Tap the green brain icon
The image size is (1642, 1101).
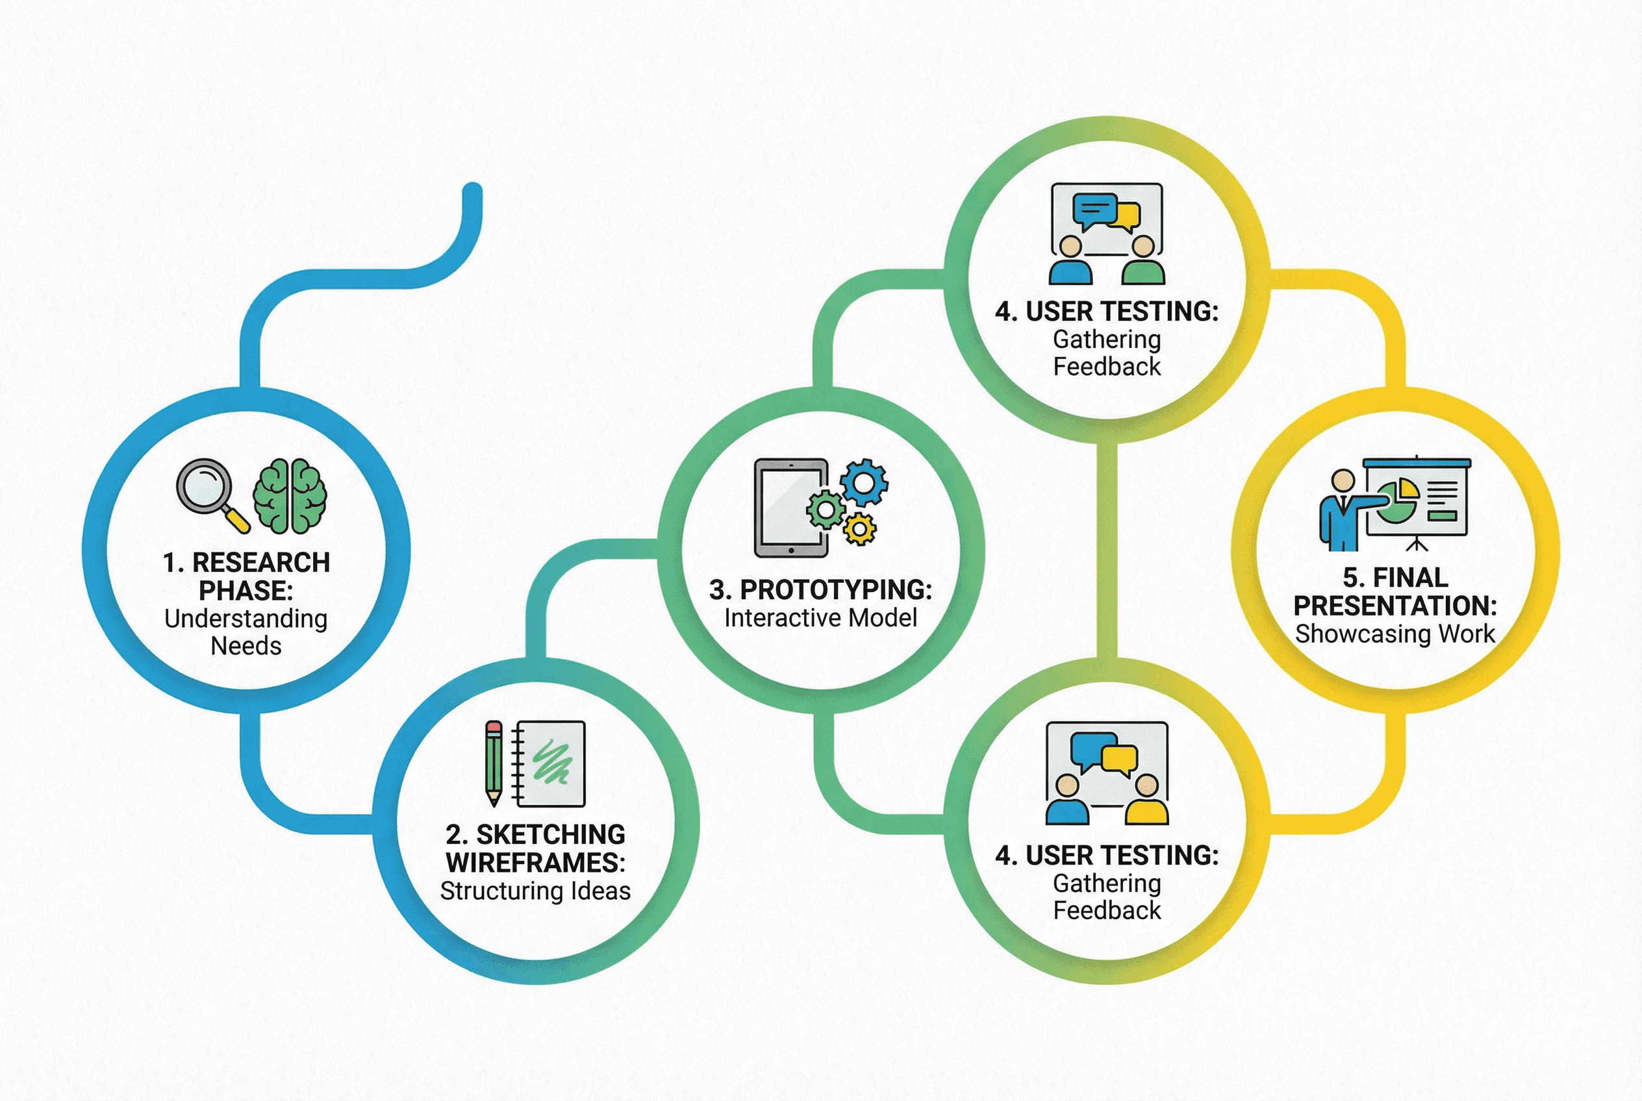[290, 496]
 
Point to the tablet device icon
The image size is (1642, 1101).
[790, 508]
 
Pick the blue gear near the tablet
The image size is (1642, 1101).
[863, 482]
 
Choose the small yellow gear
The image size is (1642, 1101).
[859, 528]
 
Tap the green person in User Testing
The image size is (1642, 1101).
[1143, 261]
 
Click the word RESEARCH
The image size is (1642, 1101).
[260, 562]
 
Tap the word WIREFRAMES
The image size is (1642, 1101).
[535, 862]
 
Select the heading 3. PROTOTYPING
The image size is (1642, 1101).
[820, 590]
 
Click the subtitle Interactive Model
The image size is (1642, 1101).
[820, 618]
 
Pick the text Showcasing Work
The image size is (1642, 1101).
[1395, 634]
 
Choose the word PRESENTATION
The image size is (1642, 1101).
[1395, 605]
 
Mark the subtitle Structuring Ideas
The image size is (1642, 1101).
[535, 891]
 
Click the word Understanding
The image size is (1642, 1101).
[246, 619]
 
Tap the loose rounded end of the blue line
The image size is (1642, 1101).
[473, 191]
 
